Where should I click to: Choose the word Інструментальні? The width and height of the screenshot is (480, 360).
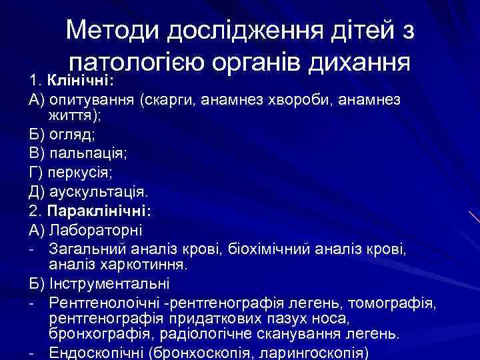[x=109, y=285]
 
